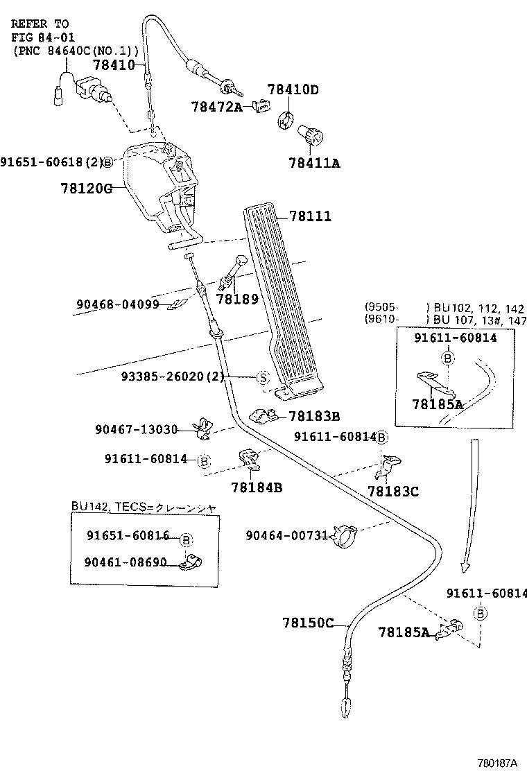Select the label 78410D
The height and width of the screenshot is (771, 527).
293,90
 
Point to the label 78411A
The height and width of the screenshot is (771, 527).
314,164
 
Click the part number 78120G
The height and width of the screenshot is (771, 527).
86,188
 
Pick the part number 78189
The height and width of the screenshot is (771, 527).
236,299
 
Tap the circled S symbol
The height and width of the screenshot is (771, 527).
263,377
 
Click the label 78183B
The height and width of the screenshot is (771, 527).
314,417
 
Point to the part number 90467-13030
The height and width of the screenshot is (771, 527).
137,430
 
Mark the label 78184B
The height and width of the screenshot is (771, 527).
257,487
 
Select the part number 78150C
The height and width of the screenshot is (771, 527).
308,623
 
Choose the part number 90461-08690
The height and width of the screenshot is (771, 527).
126,562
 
